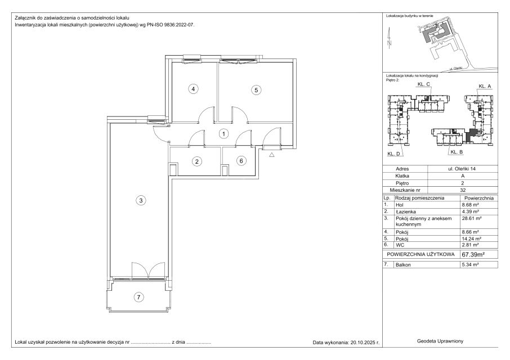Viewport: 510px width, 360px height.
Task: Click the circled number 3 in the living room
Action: point(141,200)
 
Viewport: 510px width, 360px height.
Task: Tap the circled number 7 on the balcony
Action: point(139,297)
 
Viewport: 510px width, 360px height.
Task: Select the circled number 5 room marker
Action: point(256,90)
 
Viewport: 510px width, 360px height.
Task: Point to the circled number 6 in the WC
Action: point(241,161)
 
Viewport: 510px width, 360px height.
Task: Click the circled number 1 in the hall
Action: point(224,133)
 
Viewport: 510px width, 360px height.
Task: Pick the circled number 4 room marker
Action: point(194,89)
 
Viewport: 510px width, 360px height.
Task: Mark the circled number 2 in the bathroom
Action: point(197,161)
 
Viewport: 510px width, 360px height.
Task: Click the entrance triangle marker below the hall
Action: point(272,155)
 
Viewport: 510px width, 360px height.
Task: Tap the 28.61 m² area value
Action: point(472,218)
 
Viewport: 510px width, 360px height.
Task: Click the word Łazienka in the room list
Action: point(406,211)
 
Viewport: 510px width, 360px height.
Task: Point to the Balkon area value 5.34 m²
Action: point(471,265)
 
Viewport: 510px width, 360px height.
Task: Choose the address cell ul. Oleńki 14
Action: point(463,169)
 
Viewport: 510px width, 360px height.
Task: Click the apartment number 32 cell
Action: point(463,190)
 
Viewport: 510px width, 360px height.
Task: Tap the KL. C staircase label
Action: point(423,84)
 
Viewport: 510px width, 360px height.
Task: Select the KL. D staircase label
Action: point(393,154)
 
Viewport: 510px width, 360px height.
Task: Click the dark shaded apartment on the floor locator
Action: point(470,134)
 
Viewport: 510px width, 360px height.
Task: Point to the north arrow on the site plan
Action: point(390,38)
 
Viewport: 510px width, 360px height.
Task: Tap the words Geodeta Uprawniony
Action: point(440,341)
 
